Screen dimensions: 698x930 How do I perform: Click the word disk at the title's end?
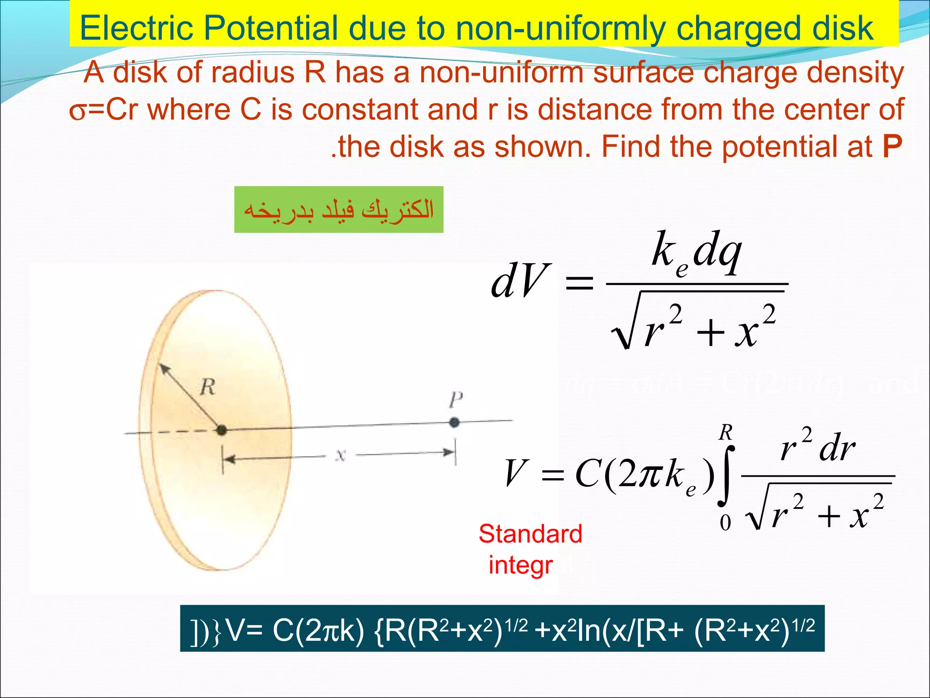click(x=843, y=28)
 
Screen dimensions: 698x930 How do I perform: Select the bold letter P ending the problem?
click(x=892, y=147)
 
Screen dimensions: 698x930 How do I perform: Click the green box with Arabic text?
click(x=339, y=209)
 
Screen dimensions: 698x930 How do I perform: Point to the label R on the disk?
click(x=208, y=387)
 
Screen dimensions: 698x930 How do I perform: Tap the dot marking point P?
click(x=454, y=423)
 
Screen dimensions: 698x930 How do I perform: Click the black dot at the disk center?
click(x=222, y=429)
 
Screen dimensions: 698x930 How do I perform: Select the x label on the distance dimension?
click(x=341, y=455)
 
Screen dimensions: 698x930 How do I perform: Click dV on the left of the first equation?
click(x=519, y=281)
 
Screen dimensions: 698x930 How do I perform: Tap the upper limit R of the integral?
click(x=726, y=433)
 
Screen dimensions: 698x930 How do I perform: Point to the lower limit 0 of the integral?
click(x=726, y=523)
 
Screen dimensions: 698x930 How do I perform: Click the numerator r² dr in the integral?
click(x=817, y=448)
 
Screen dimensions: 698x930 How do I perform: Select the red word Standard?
click(x=530, y=534)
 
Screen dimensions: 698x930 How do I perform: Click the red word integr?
click(x=520, y=565)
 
